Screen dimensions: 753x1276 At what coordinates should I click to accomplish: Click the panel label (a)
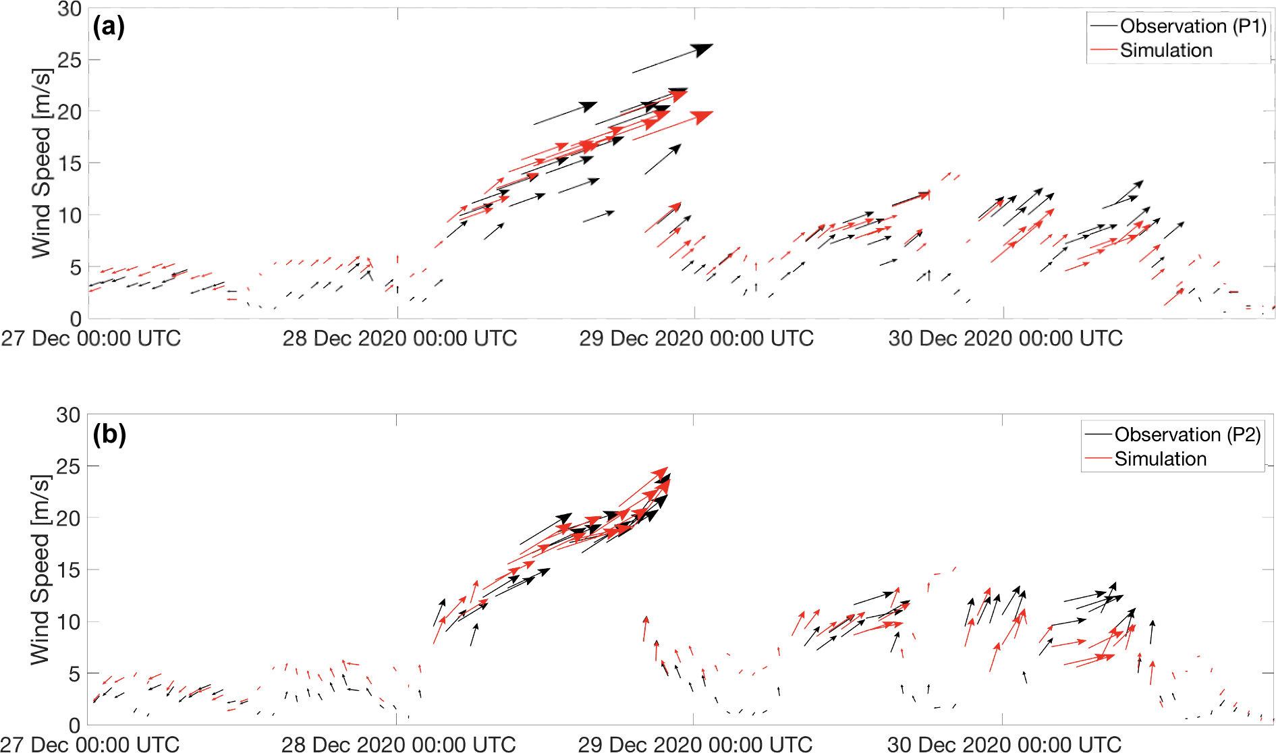click(x=109, y=27)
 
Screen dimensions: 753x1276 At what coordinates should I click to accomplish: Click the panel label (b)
click(x=109, y=434)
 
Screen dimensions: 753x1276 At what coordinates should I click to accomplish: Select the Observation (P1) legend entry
click(x=1192, y=26)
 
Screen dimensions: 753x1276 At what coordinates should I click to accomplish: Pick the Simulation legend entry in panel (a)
click(x=1165, y=50)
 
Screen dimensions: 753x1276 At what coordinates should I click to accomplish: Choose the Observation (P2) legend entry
click(x=1187, y=434)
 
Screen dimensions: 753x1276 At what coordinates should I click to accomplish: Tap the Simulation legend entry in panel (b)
click(x=1160, y=459)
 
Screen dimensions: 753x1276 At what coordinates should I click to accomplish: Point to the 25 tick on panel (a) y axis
click(x=69, y=60)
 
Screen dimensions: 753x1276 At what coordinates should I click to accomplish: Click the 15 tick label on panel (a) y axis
click(x=69, y=163)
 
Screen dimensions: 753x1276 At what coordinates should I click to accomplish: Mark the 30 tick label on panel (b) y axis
click(x=68, y=415)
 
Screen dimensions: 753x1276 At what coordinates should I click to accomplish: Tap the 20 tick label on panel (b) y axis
click(x=68, y=518)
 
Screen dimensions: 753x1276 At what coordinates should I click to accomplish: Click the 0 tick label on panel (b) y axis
click(x=74, y=725)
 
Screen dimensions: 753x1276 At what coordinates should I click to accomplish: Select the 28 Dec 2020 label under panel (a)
click(x=399, y=338)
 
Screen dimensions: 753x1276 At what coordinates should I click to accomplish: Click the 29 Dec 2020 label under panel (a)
click(x=696, y=338)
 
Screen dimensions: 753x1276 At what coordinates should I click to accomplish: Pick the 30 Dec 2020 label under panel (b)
click(x=1004, y=744)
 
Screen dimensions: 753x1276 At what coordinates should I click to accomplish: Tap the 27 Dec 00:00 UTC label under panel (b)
click(x=90, y=744)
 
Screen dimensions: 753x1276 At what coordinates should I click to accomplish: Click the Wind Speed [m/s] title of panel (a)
click(x=42, y=163)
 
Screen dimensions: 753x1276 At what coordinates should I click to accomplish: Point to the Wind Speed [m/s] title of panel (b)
click(x=40, y=569)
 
